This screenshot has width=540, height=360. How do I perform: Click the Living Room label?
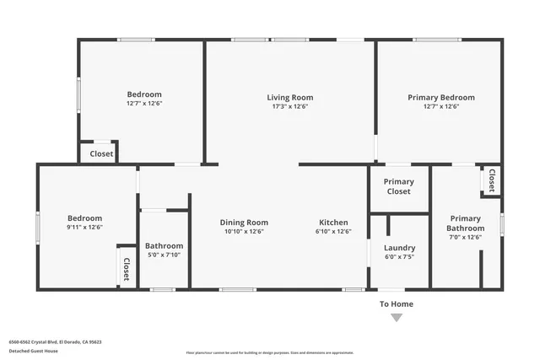tap(290, 97)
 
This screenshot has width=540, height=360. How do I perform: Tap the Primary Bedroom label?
tap(441, 97)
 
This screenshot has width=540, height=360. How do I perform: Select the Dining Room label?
tap(244, 222)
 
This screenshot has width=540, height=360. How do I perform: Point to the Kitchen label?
tap(333, 222)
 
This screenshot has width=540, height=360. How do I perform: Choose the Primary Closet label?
tap(398, 186)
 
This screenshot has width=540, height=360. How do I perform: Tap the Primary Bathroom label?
tap(466, 223)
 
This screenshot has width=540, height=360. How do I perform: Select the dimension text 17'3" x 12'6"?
tap(290, 107)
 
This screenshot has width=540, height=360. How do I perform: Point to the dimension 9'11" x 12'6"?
tap(85, 227)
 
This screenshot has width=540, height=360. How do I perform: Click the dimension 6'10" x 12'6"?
tap(333, 231)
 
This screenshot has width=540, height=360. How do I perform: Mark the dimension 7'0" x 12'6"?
tap(466, 238)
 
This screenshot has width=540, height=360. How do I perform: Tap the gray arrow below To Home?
tap(397, 318)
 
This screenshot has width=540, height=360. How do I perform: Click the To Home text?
tap(397, 304)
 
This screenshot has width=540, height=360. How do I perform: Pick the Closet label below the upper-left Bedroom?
tap(102, 153)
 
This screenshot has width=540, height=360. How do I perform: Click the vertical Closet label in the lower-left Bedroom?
tap(127, 268)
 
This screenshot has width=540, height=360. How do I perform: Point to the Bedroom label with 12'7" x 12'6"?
tap(144, 94)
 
